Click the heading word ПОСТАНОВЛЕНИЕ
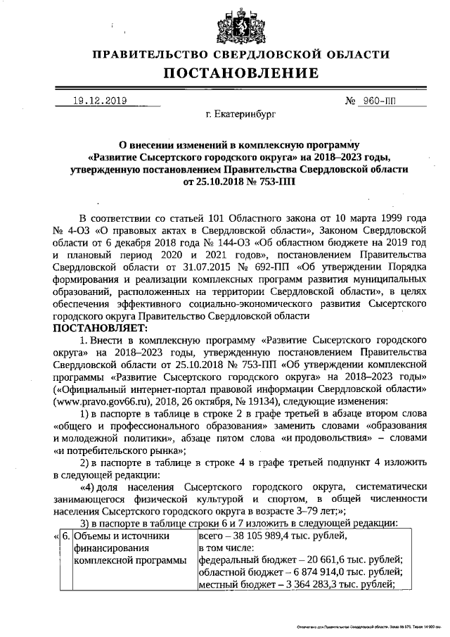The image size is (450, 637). tap(241, 73)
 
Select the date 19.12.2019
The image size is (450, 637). tap(100, 101)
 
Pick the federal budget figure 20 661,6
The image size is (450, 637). tap(309, 561)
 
